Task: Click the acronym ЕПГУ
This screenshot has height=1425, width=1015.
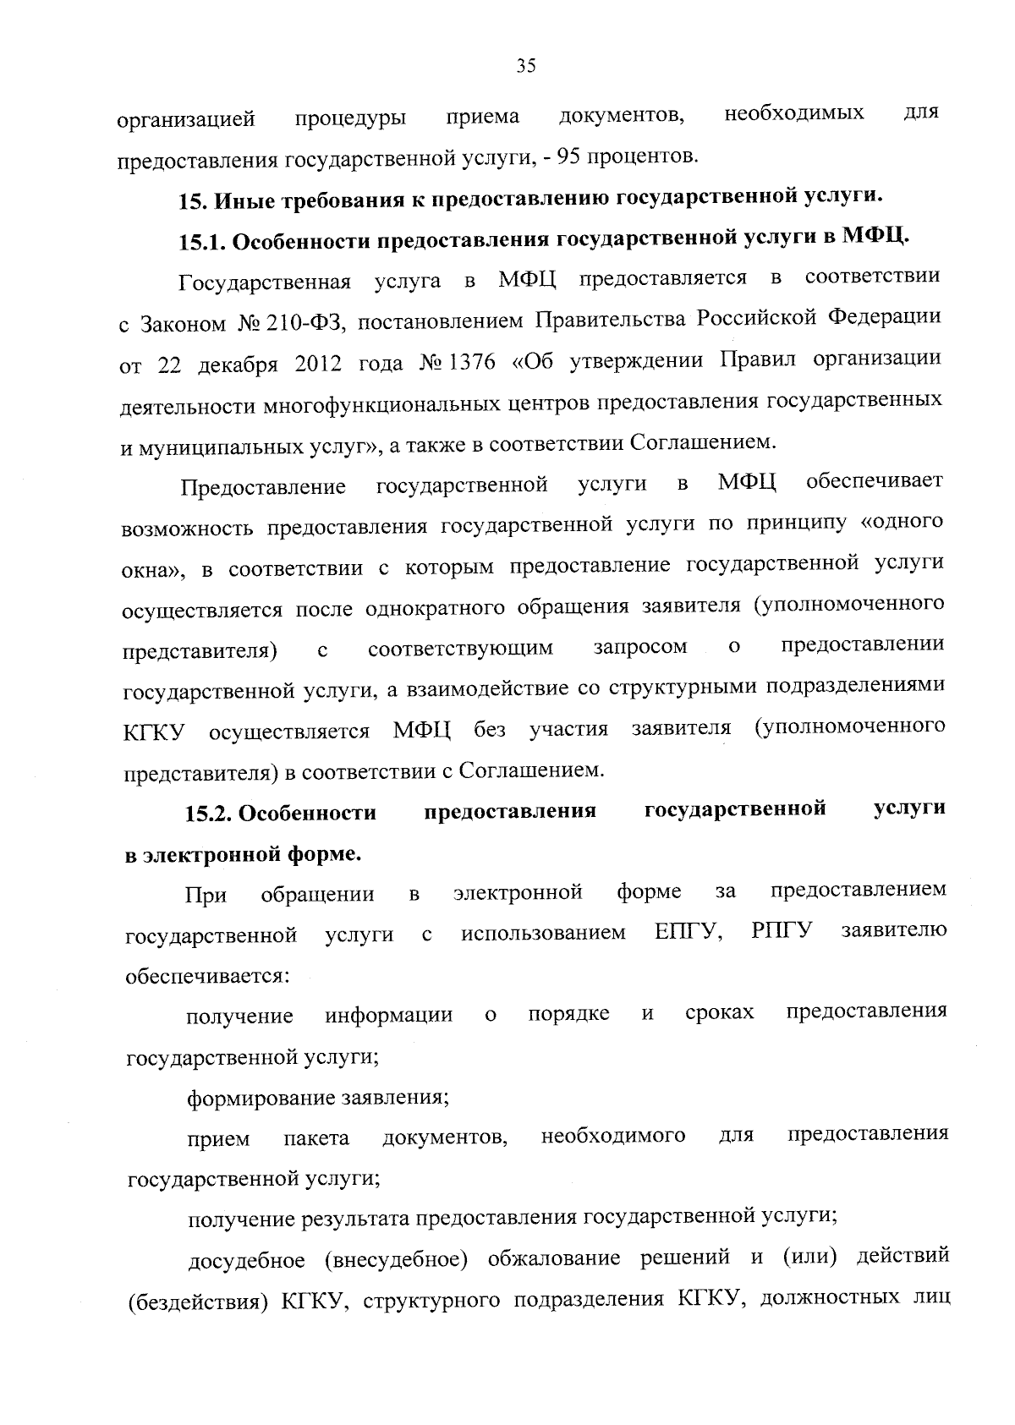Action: [689, 933]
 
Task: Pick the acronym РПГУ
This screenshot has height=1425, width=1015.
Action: [781, 932]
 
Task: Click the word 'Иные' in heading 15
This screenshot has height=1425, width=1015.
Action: [242, 201]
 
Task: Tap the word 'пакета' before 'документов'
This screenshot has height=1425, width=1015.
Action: [316, 1139]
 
